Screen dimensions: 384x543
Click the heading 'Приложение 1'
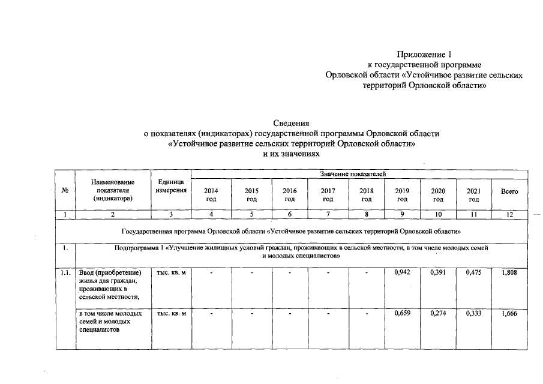point(424,55)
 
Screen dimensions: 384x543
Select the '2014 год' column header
point(211,194)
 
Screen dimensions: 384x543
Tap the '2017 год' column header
point(328,194)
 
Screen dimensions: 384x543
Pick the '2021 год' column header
point(474,194)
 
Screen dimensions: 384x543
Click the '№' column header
point(64,191)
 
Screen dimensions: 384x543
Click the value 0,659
point(402,314)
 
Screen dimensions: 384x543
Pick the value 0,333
point(474,314)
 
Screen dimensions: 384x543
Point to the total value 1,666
point(509,314)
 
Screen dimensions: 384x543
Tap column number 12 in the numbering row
point(509,215)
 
